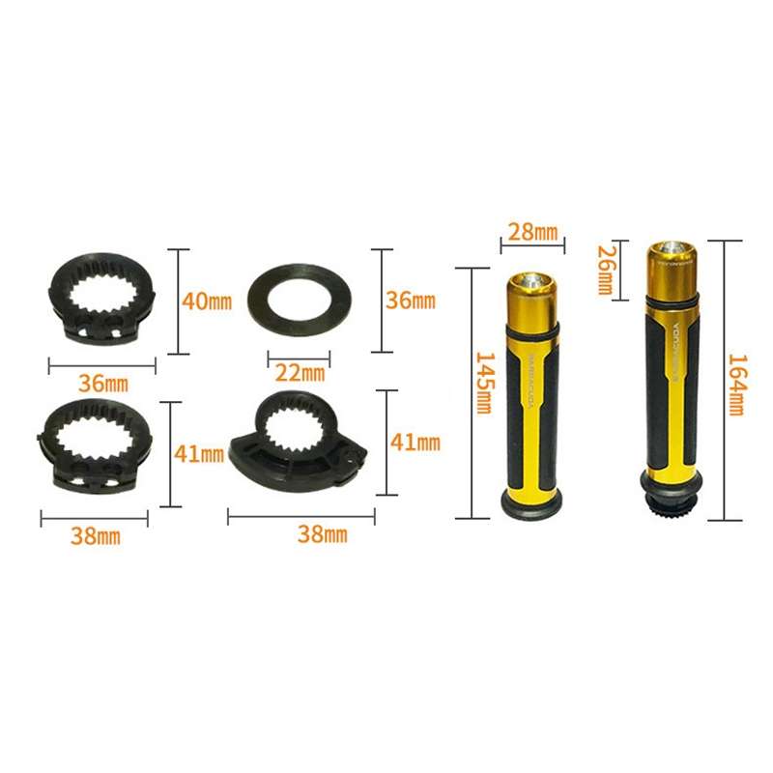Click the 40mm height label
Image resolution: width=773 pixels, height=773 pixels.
207,301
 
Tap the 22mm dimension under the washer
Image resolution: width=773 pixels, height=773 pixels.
301,372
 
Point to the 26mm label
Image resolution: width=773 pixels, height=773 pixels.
605,271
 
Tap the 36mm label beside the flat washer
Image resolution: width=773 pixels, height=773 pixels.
411,300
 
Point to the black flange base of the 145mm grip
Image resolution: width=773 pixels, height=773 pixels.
530,502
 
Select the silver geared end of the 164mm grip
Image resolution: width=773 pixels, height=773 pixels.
672,503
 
